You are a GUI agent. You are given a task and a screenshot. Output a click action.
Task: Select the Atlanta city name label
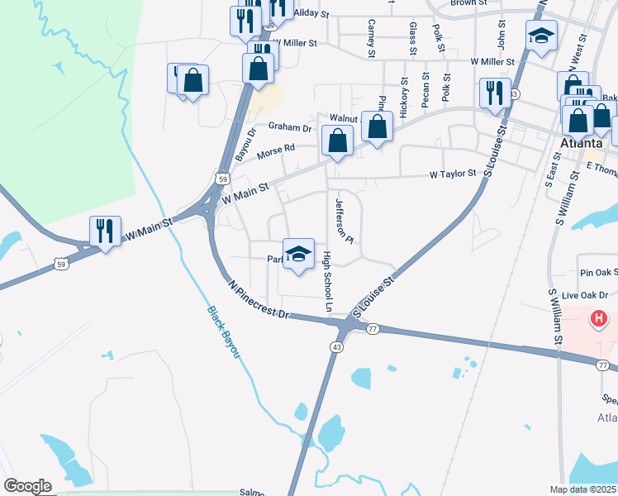point(580,142)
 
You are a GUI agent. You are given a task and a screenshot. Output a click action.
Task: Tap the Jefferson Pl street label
point(344,221)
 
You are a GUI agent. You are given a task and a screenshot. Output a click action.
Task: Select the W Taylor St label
point(453,174)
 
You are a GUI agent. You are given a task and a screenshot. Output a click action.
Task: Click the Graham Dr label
point(289,128)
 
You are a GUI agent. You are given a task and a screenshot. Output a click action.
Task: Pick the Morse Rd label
point(276,150)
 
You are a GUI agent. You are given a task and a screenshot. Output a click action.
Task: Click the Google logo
point(27,486)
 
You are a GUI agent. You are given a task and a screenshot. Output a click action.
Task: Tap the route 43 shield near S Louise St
point(338,346)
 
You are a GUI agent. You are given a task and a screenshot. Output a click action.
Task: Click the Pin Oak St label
point(598,272)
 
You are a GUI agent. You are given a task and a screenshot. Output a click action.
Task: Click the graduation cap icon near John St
point(541,36)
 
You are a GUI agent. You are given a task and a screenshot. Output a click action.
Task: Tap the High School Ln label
point(327,282)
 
